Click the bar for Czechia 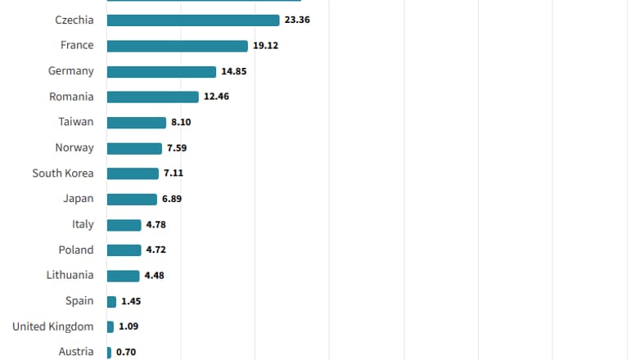pyautogui.click(x=193, y=20)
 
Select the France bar pyautogui.click(x=177, y=46)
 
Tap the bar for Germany pyautogui.click(x=161, y=71)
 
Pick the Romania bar pyautogui.click(x=152, y=97)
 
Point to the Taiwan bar pyautogui.click(x=136, y=122)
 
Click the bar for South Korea pyautogui.click(x=133, y=173)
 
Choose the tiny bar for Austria pyautogui.click(x=109, y=353)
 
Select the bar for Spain pyautogui.click(x=111, y=301)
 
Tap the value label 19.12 pyautogui.click(x=265, y=46)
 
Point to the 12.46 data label pyautogui.click(x=217, y=97)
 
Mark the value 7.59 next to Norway pyautogui.click(x=178, y=148)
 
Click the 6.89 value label pyautogui.click(x=171, y=199)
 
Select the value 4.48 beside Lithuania pyautogui.click(x=155, y=276)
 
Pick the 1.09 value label pyautogui.click(x=128, y=326)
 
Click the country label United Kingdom pyautogui.click(x=52, y=326)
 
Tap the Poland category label pyautogui.click(x=76, y=250)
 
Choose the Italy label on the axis pyautogui.click(x=83, y=224)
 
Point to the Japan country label pyautogui.click(x=79, y=199)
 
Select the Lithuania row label pyautogui.click(x=70, y=276)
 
